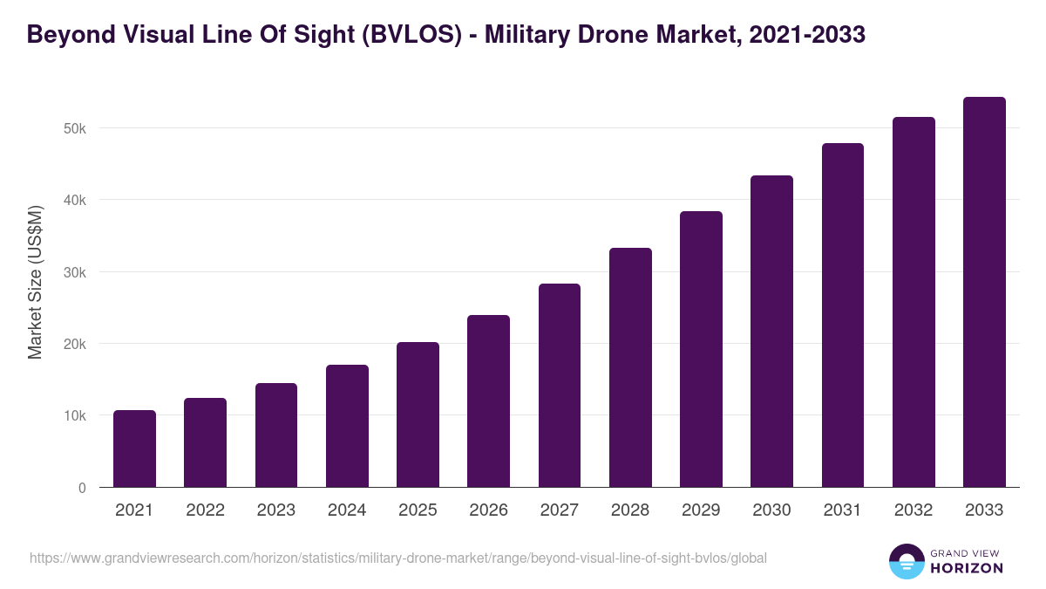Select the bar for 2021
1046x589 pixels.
pos(134,449)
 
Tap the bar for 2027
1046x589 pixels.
pos(560,385)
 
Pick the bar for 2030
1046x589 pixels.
pos(772,331)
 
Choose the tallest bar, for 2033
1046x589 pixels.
pos(985,291)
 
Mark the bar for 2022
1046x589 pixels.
pos(205,442)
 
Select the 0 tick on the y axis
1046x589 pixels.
pos(82,488)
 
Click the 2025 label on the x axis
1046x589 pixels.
pos(418,510)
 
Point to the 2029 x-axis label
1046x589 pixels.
pos(701,510)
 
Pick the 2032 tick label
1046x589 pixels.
pos(914,510)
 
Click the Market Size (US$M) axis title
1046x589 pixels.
pos(35,282)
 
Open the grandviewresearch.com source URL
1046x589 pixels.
pos(398,558)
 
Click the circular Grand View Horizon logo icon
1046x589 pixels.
pos(907,561)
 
